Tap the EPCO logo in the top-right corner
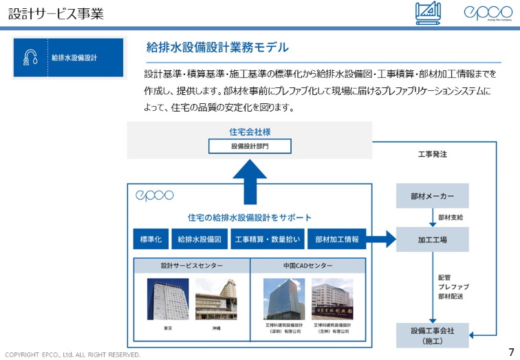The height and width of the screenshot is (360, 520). click(x=487, y=13)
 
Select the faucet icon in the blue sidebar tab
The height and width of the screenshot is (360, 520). click(x=30, y=58)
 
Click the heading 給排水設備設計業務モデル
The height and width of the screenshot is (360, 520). click(x=217, y=47)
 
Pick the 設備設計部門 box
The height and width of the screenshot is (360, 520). click(x=250, y=146)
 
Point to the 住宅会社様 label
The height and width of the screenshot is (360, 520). click(x=249, y=131)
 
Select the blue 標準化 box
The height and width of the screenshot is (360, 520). click(x=150, y=239)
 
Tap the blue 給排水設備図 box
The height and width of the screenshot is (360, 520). click(x=199, y=239)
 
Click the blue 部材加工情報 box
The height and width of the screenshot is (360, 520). click(x=336, y=239)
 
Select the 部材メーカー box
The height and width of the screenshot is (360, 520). click(x=432, y=196)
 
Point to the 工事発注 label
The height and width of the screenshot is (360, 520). click(x=433, y=154)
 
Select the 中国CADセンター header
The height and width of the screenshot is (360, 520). click(x=308, y=266)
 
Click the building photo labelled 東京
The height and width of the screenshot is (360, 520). click(x=168, y=299)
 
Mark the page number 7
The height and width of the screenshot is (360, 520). click(x=510, y=351)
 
